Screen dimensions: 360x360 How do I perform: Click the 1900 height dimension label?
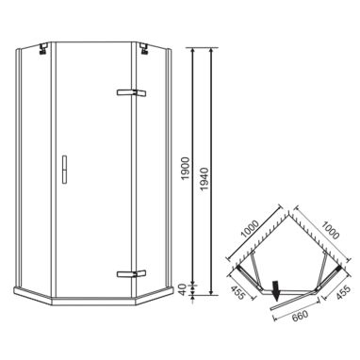point(186,168)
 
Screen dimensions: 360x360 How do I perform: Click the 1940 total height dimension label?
point(205,179)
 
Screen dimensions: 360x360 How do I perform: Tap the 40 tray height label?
point(186,289)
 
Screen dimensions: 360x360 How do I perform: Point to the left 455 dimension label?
point(239,293)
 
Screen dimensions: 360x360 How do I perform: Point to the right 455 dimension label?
point(342,293)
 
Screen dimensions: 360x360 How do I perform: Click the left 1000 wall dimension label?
point(250,228)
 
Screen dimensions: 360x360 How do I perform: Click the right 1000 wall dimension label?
point(330,230)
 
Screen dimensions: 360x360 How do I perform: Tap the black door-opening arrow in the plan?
point(276,290)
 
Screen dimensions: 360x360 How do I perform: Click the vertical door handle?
point(64,169)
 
